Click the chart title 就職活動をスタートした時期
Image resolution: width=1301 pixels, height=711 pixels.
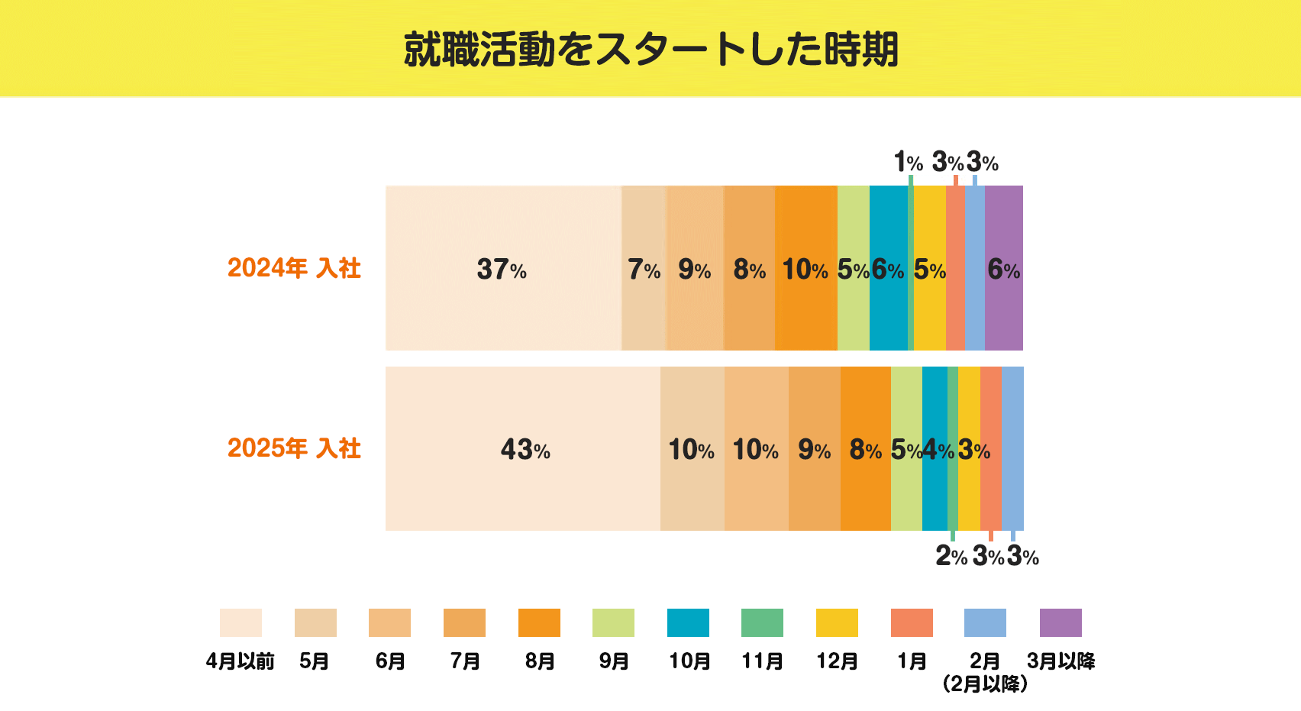click(650, 50)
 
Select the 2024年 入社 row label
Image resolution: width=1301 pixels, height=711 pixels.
click(294, 268)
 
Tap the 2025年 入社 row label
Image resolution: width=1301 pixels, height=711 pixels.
click(294, 448)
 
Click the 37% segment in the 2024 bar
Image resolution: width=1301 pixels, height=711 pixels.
click(502, 269)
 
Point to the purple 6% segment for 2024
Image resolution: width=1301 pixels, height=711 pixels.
click(1003, 269)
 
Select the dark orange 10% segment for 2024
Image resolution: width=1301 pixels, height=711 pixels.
click(805, 269)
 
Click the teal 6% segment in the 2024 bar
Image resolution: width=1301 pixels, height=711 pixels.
click(888, 269)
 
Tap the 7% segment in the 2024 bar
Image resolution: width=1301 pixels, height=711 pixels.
click(644, 269)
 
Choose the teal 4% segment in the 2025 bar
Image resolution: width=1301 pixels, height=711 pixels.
click(935, 449)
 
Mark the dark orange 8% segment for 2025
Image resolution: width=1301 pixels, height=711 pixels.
click(865, 449)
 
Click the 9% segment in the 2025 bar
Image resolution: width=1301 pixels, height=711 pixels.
click(814, 449)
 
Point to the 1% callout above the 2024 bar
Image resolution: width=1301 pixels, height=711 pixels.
click(908, 162)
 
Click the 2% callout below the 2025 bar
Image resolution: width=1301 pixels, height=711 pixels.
click(951, 556)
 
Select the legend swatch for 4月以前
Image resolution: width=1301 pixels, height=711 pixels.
click(241, 622)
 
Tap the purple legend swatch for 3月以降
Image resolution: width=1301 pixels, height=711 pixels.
click(1060, 622)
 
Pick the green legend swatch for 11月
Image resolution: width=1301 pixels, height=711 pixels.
click(762, 622)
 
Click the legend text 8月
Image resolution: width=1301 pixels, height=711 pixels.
click(539, 661)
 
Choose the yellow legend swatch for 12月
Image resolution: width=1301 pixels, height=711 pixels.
click(837, 622)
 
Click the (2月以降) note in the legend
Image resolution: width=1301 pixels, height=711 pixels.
click(985, 684)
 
